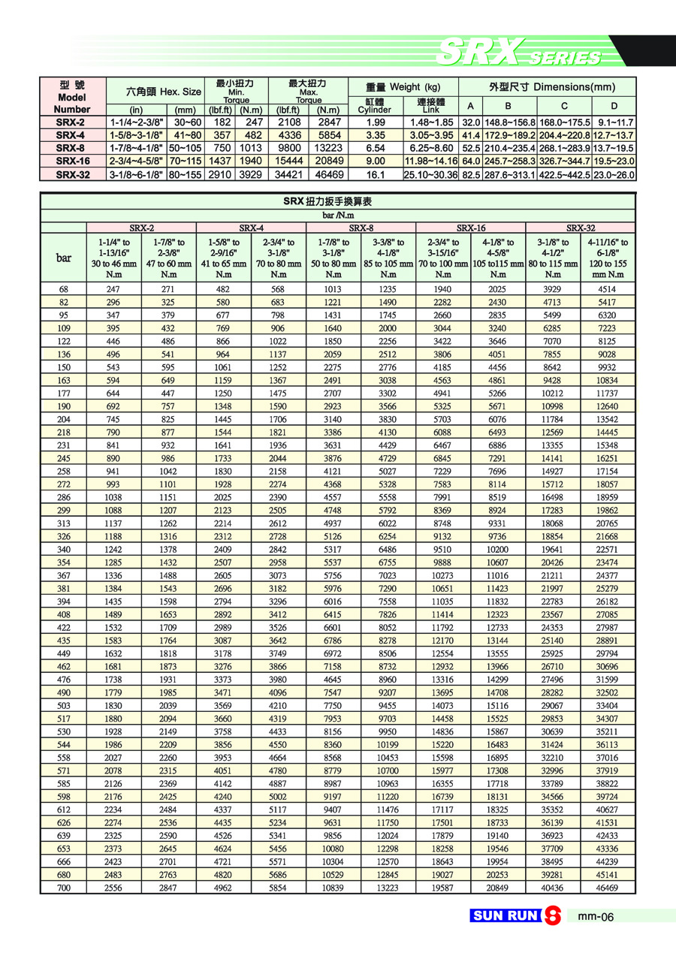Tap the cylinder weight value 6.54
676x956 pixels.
[375, 148]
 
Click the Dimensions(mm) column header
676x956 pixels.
[547, 86]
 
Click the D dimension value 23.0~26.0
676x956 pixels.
[614, 174]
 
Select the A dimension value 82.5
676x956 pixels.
[470, 174]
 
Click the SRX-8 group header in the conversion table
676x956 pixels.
[361, 227]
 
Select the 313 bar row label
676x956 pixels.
[63, 523]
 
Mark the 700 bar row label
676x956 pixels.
[63, 888]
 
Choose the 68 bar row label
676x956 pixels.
[63, 288]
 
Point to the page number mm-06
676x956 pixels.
[597, 916]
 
